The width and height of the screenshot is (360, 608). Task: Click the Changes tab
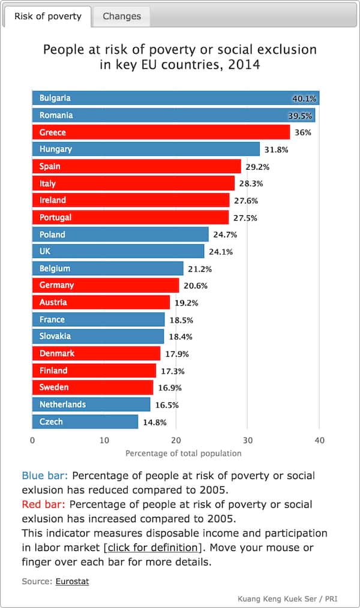pyautogui.click(x=121, y=16)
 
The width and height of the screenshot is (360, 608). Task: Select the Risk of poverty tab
pyautogui.click(x=47, y=16)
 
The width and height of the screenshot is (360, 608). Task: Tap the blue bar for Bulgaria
pyautogui.click(x=174, y=98)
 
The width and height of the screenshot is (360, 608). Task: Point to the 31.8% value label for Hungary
pyautogui.click(x=276, y=149)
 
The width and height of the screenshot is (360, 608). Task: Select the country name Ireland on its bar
pyautogui.click(x=53, y=200)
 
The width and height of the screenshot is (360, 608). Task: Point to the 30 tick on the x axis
pyautogui.click(x=248, y=441)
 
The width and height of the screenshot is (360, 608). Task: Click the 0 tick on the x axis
pyautogui.click(x=32, y=441)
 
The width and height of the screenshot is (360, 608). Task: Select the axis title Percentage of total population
pyautogui.click(x=184, y=453)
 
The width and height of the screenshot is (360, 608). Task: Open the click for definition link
pyautogui.click(x=152, y=547)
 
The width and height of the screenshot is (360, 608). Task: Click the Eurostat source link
pyautogui.click(x=72, y=581)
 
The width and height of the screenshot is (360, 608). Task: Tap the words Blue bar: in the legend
pyautogui.click(x=45, y=475)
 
